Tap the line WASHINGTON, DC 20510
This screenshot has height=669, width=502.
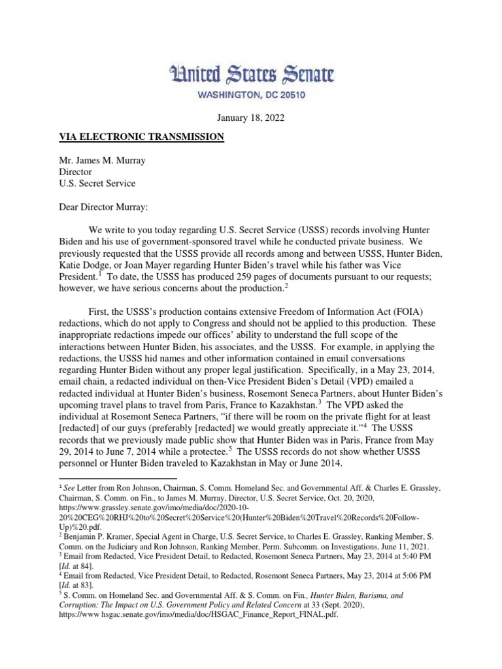pos(250,95)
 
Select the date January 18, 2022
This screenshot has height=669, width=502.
pos(250,118)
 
